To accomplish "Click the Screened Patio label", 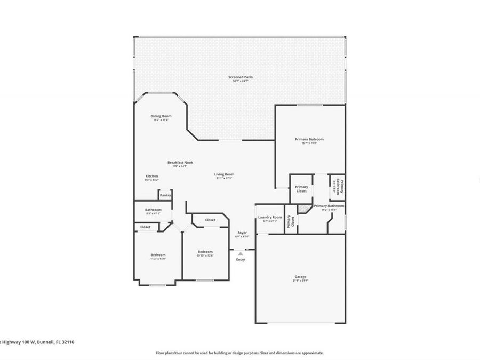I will [241, 77].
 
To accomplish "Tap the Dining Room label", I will [161, 116].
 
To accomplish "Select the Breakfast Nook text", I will [180, 162].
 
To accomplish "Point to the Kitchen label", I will [152, 177].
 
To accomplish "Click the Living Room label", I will [225, 174].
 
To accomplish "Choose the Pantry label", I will [165, 196].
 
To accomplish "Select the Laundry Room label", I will [270, 217].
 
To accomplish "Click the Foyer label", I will [242, 233].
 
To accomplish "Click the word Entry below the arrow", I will [241, 260].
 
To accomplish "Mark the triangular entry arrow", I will [241, 254].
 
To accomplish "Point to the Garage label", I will [300, 277].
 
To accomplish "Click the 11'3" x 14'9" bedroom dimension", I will [158, 259].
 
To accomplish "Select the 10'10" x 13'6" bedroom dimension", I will [205, 255].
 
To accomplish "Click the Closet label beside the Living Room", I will [210, 220].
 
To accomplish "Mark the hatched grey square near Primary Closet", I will [303, 210].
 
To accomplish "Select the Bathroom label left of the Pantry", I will [153, 210].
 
